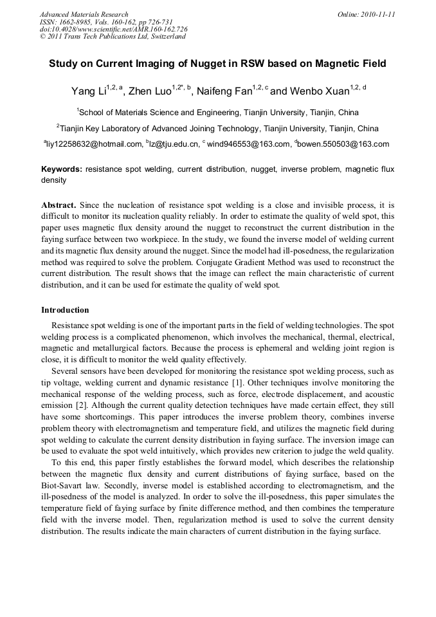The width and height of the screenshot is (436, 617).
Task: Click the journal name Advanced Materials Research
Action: (x=84, y=14)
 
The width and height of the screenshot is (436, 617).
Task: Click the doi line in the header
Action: (x=113, y=29)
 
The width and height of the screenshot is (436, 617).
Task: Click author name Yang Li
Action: (x=88, y=91)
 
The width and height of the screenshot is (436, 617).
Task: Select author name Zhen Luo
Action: (x=150, y=91)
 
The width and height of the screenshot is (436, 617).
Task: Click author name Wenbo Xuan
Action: (x=312, y=91)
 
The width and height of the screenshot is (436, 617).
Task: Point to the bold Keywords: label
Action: (x=61, y=169)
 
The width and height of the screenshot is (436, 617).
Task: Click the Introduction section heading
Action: (x=65, y=310)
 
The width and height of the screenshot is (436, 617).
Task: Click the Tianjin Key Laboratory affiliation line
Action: (x=217, y=128)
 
